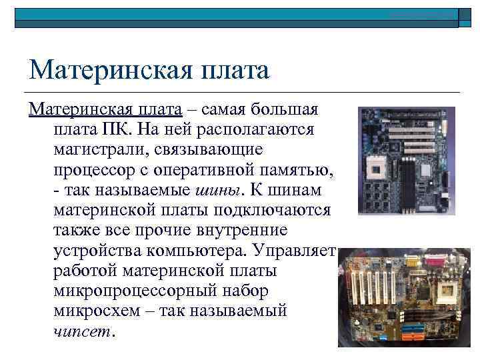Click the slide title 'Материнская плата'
[149, 69]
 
